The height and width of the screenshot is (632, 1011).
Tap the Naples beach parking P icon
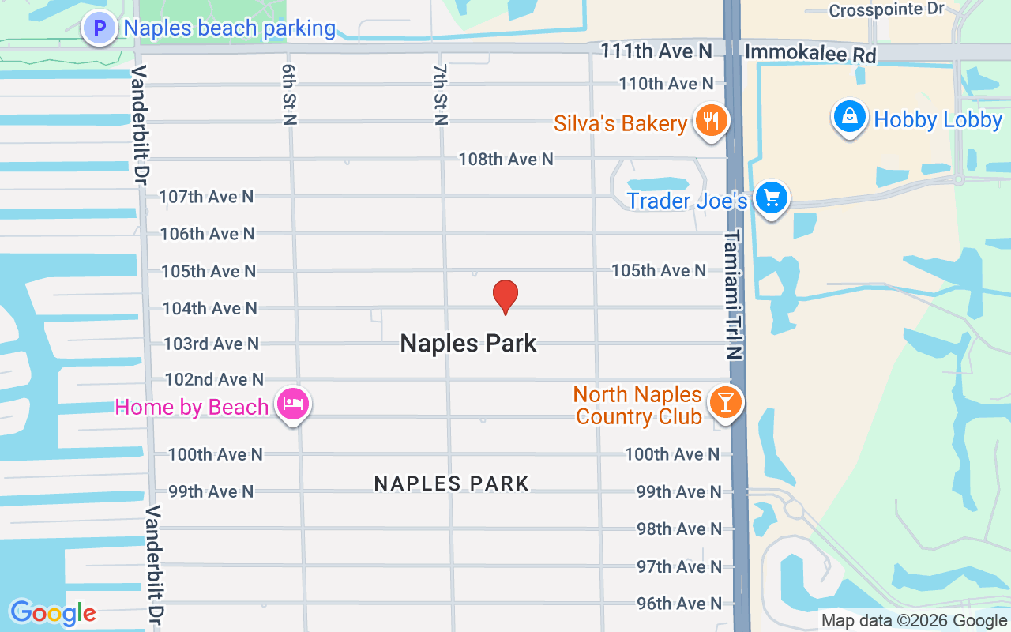pos(100,29)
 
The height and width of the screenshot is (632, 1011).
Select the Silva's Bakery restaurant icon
pos(712,121)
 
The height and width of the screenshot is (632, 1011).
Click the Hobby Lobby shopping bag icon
pos(849,118)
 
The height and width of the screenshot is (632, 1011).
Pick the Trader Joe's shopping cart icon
pos(771,197)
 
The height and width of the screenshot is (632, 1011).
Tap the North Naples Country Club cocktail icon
pos(725,402)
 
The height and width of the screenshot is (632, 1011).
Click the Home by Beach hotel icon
pos(293,404)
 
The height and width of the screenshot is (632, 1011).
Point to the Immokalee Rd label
pos(810,55)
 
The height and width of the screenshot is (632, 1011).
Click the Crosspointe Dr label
pos(887,10)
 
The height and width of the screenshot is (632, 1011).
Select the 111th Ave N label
pos(656,51)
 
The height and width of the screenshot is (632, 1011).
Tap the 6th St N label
pos(289,94)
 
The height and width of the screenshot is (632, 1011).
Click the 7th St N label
pos(440,94)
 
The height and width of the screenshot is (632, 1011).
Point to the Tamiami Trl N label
pos(735,294)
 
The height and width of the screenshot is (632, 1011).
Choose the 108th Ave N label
pos(505,160)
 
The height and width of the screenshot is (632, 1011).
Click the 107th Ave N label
pos(206,197)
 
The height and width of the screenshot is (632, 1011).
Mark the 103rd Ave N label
pos(211,344)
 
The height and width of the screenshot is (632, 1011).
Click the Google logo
pos(53,613)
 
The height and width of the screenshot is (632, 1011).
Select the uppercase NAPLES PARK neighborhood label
pos(452,483)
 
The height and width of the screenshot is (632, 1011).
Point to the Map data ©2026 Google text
pos(914,621)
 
